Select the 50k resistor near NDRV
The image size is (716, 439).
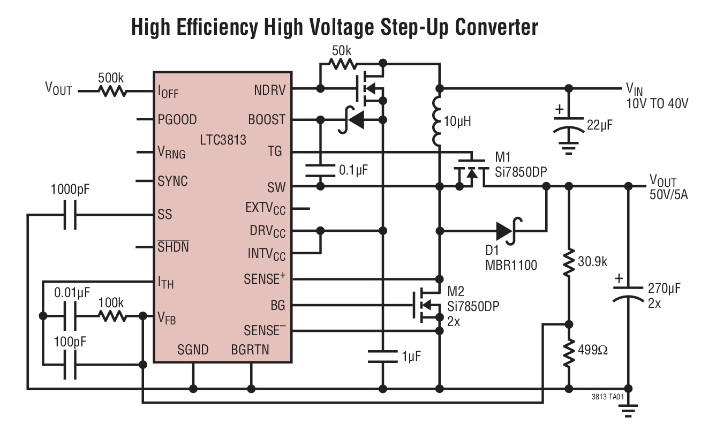pyautogui.click(x=342, y=64)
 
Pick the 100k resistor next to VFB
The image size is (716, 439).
pyautogui.click(x=111, y=316)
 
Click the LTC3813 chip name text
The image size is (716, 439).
pyautogui.click(x=223, y=141)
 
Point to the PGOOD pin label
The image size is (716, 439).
pyautogui.click(x=177, y=119)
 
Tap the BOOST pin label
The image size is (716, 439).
pyautogui.click(x=267, y=119)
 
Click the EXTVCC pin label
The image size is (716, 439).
pyautogui.click(x=265, y=208)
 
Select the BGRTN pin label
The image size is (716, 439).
pyautogui.click(x=250, y=351)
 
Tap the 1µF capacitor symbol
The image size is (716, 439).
pyautogui.click(x=382, y=356)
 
